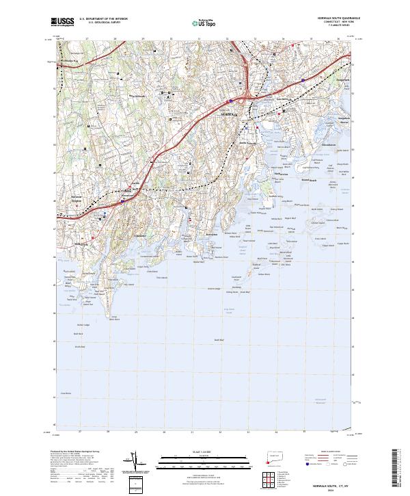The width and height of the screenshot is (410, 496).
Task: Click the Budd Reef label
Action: [219, 340]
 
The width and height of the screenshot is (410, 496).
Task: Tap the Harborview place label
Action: [281, 174]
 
